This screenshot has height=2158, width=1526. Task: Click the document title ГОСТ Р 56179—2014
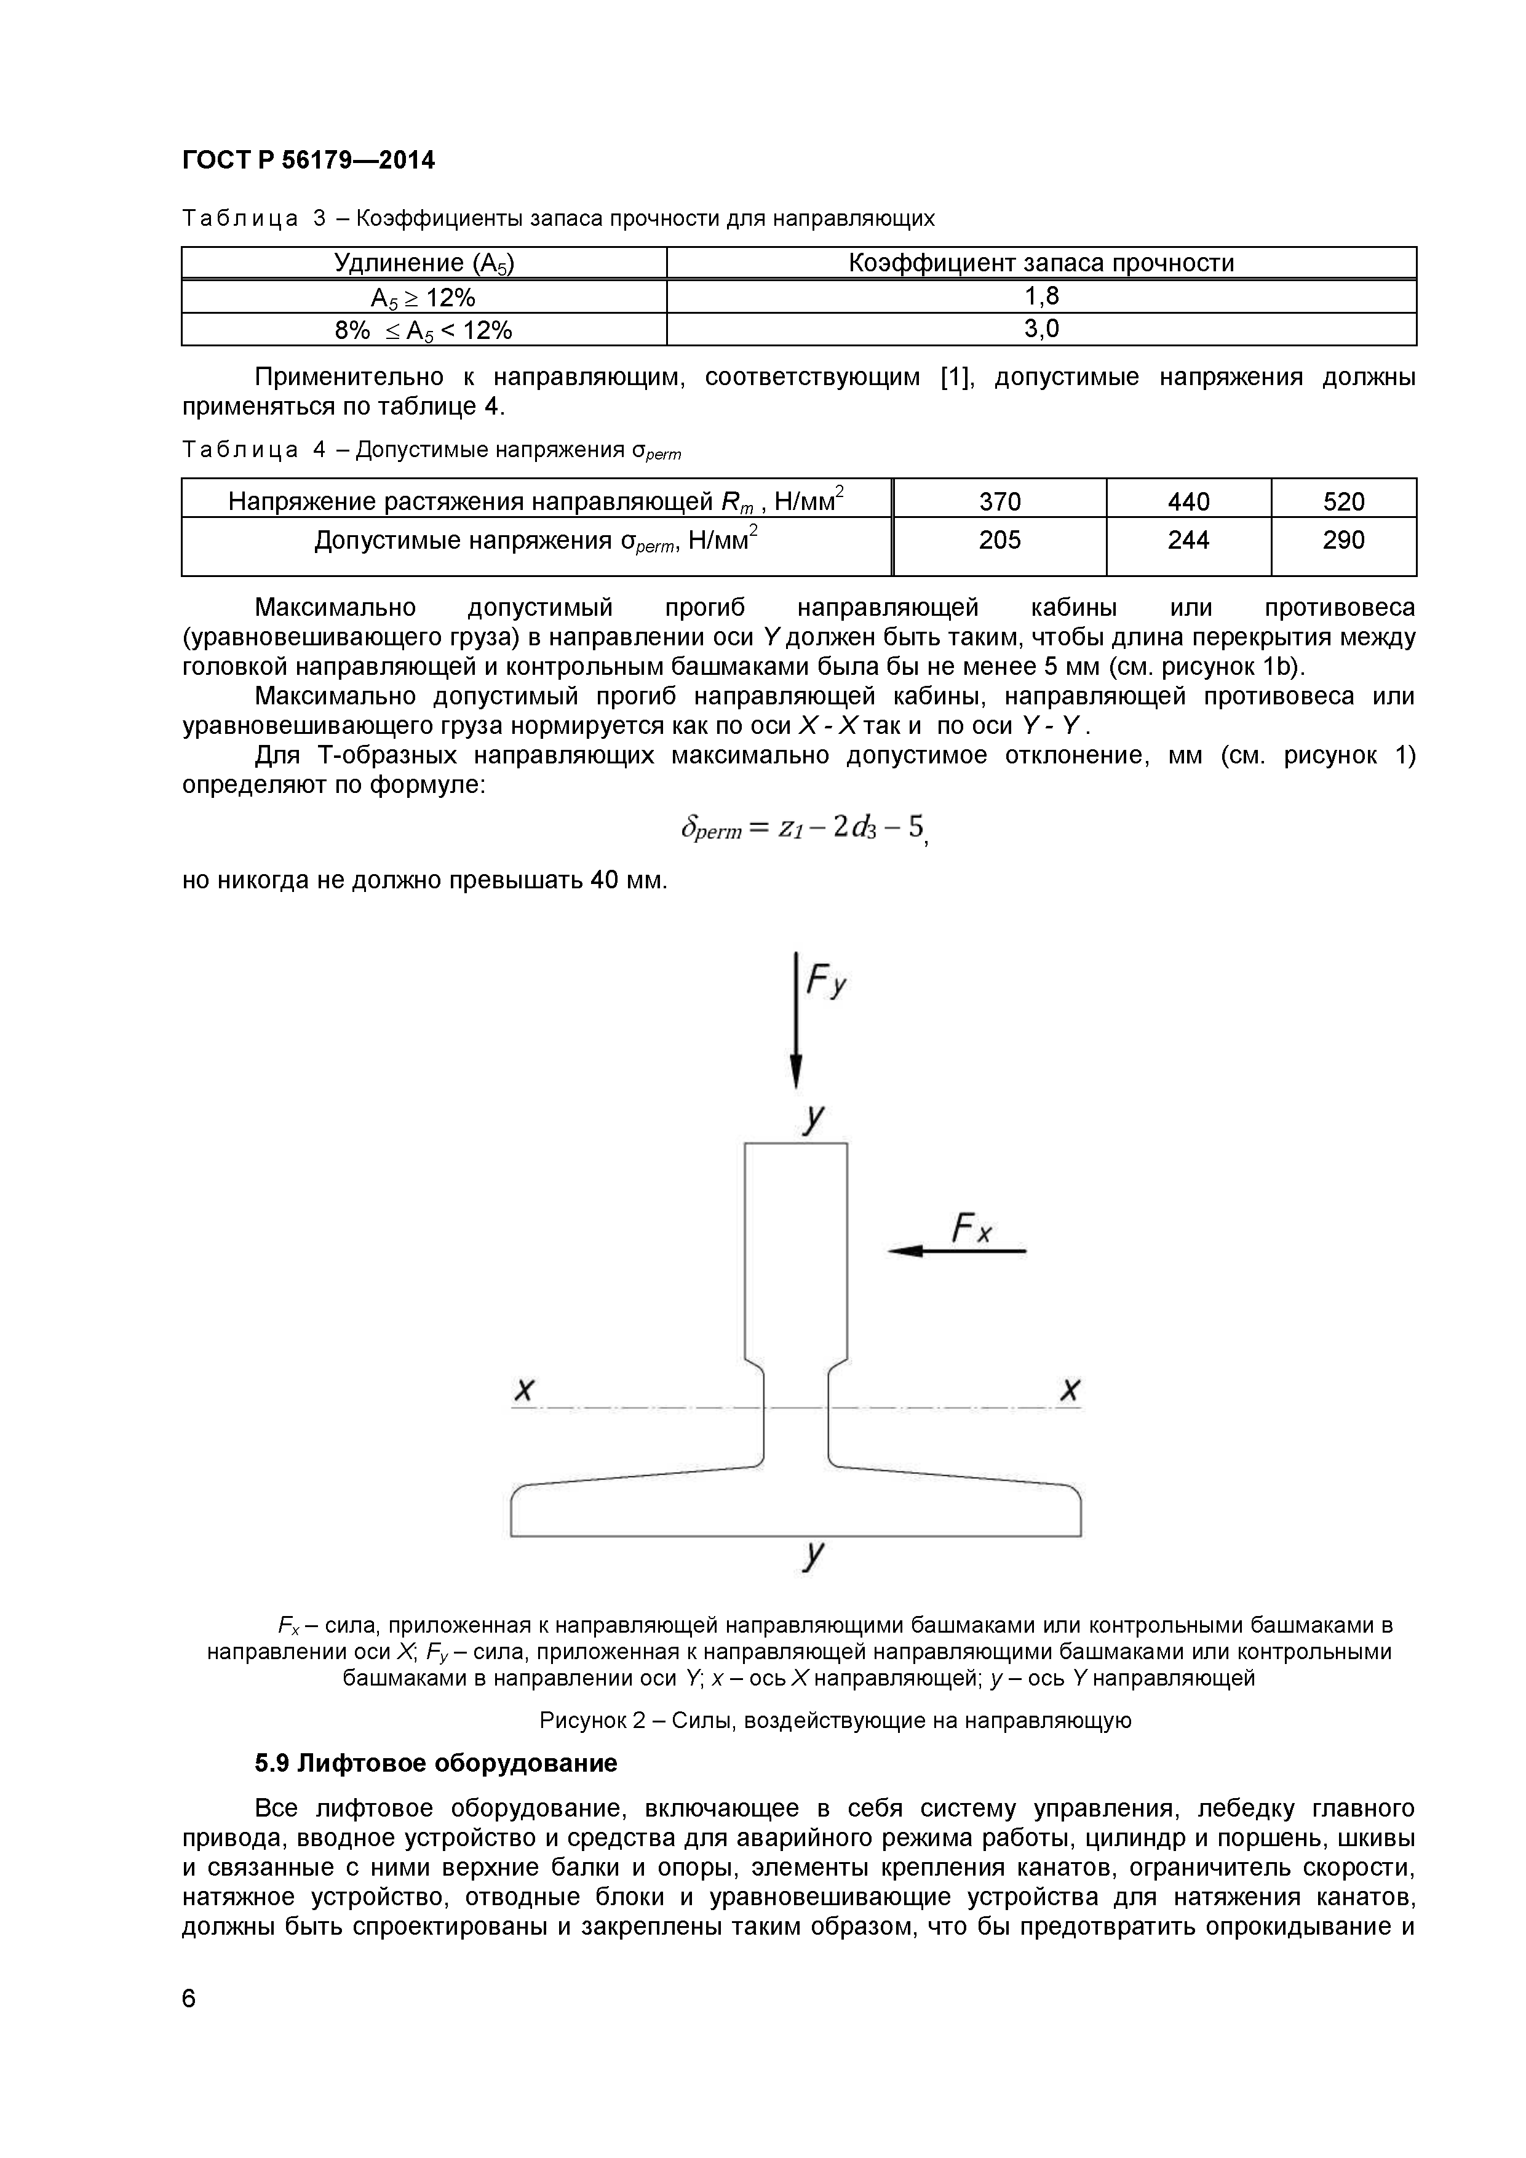point(308,161)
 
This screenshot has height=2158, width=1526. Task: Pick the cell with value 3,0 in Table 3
point(1041,329)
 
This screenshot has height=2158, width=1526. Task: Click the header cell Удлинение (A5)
point(424,263)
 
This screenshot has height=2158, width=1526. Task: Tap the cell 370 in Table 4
point(999,501)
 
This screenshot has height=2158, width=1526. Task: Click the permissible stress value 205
point(999,541)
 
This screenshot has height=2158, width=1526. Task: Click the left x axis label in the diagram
point(524,1389)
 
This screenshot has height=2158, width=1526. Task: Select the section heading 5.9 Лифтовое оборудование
point(436,1763)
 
